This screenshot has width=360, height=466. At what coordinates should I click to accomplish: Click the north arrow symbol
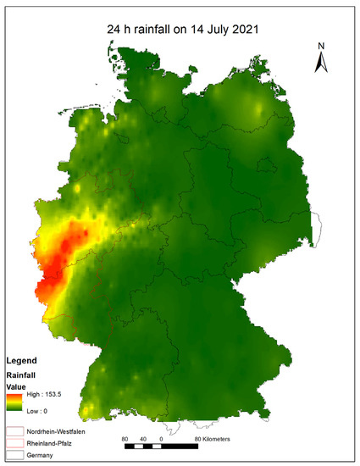(x=321, y=61)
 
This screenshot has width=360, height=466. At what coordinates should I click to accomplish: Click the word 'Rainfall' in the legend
(x=22, y=374)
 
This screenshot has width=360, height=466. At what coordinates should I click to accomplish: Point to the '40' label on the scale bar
(x=142, y=440)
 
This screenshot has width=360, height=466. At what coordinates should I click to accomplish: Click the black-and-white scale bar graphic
(x=161, y=447)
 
